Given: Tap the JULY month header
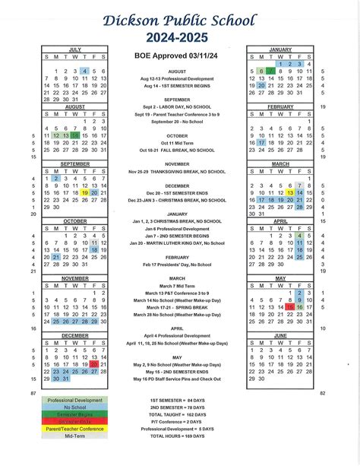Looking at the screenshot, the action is coord(74,49).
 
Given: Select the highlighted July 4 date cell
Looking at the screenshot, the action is coord(84,71).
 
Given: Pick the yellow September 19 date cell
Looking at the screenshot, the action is coord(84,193).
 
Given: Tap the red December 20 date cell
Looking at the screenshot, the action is coord(94,364).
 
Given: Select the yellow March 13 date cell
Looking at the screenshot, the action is coord(290,193).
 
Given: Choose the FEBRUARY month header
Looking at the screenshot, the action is coord(280,106).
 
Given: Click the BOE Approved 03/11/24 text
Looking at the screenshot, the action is coord(175,55).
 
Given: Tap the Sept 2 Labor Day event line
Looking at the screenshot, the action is coord(176,106).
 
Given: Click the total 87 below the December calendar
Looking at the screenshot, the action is coord(33,393).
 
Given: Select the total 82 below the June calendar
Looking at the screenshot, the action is coord(322,393).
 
